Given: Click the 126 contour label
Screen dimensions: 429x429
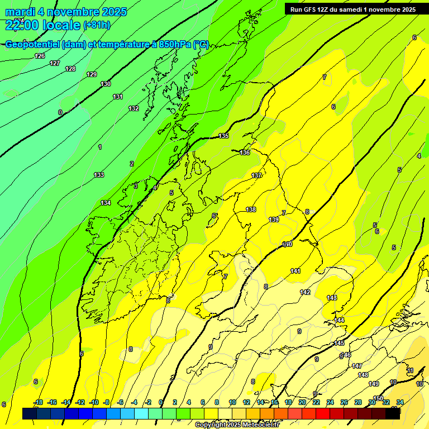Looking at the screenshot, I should [x=40, y=56].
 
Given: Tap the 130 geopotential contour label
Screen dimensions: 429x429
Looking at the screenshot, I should [x=106, y=84].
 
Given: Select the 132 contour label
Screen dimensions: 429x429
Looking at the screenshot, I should [x=134, y=108].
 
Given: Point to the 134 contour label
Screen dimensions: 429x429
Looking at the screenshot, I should [x=106, y=203].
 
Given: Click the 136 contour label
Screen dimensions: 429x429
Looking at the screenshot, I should [x=245, y=152].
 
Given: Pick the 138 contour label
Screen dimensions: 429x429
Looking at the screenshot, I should [x=251, y=210].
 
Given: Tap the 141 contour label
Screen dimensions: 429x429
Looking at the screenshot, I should [x=295, y=271].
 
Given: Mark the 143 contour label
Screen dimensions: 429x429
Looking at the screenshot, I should [x=332, y=298].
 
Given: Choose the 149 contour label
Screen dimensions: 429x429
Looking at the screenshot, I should [x=374, y=384].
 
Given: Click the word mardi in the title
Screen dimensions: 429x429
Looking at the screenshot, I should [x=20, y=12].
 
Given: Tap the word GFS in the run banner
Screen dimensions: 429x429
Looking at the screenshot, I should [x=309, y=9].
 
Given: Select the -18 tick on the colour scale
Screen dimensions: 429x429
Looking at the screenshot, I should [x=38, y=402].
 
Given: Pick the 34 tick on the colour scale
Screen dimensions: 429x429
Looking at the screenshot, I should [x=400, y=402].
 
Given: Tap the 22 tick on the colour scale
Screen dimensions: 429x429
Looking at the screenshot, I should [x=316, y=402].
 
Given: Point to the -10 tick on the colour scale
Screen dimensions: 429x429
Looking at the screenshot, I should [x=94, y=402].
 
